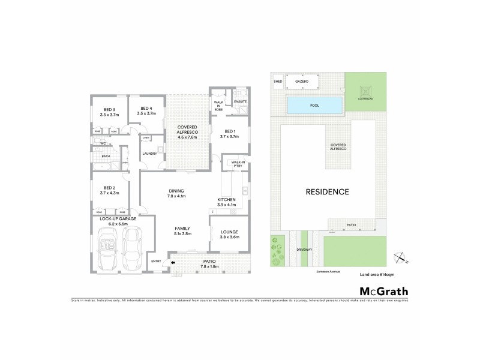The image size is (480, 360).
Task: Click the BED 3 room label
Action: pyautogui.click(x=109, y=109)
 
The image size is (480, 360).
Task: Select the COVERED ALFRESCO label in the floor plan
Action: pyautogui.click(x=187, y=130)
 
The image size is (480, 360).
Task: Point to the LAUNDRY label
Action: pyautogui.click(x=149, y=154)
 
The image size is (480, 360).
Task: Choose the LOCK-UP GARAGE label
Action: pyautogui.click(x=118, y=219)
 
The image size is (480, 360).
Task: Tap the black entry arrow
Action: pyautogui.click(x=173, y=262)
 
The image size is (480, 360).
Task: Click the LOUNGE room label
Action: pyautogui.click(x=230, y=232)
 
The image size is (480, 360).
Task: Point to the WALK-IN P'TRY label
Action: pyautogui.click(x=238, y=163)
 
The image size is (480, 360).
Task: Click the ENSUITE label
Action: pyautogui.click(x=240, y=102)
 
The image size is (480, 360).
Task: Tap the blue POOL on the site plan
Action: pyautogui.click(x=314, y=106)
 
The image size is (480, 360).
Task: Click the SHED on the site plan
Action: pyautogui.click(x=278, y=81)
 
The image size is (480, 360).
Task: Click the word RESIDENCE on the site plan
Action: pyautogui.click(x=327, y=192)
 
